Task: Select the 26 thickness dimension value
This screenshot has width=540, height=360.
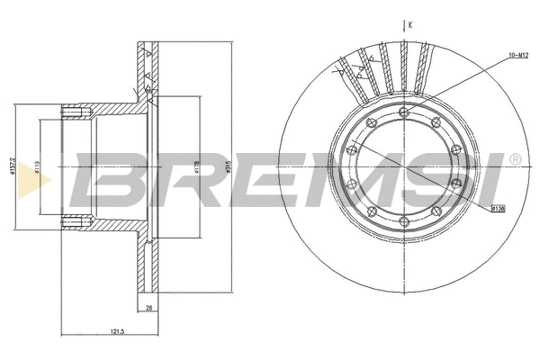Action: tap(148, 309)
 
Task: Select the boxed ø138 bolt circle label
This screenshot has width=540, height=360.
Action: tap(497, 209)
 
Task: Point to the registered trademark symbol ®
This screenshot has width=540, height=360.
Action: tap(515, 159)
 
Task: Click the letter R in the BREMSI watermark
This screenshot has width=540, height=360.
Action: tap(184, 180)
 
